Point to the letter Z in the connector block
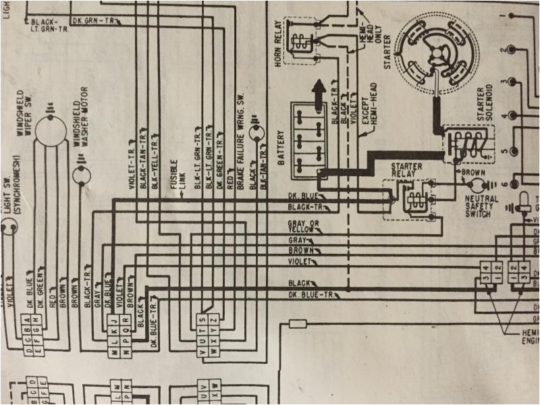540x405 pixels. (x=215, y=318)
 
